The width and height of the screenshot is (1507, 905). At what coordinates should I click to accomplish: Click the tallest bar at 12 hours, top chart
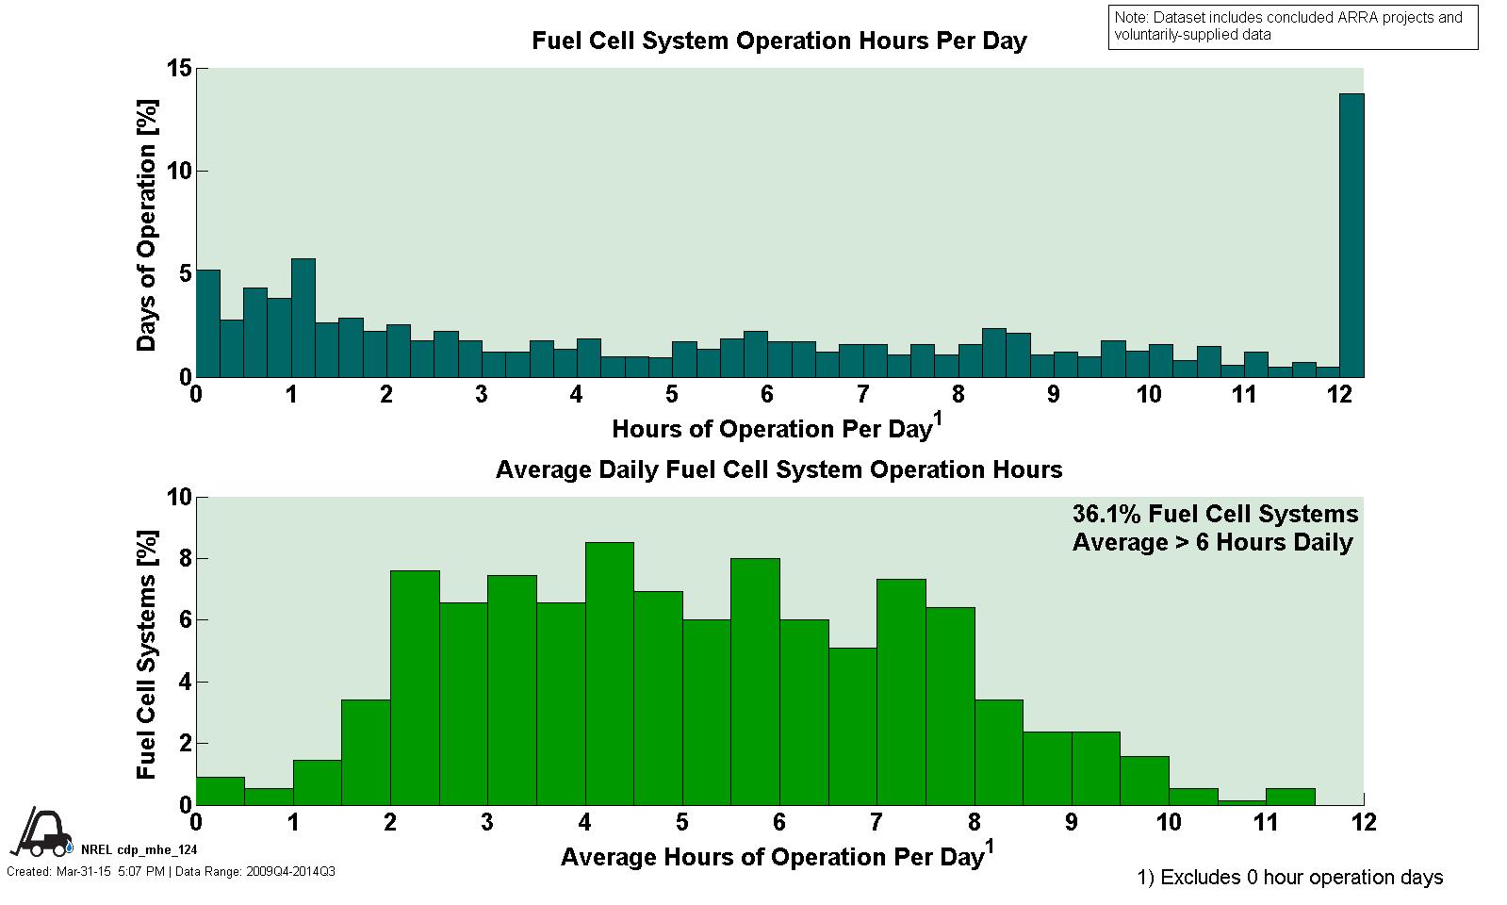[1351, 236]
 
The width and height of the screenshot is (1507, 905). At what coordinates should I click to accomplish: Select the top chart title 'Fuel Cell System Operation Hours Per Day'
[778, 41]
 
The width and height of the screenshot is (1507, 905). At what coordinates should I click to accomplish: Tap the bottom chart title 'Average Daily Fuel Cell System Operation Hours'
[778, 469]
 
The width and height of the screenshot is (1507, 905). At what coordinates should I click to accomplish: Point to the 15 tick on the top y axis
[179, 69]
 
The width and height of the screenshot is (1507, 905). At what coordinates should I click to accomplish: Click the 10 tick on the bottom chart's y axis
[179, 497]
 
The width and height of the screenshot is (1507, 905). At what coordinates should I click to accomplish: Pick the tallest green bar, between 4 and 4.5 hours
[609, 673]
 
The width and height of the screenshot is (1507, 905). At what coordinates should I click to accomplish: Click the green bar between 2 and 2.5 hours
[415, 687]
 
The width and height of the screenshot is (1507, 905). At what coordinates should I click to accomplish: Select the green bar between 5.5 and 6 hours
[755, 682]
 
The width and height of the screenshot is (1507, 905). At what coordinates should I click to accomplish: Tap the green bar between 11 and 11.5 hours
[1289, 797]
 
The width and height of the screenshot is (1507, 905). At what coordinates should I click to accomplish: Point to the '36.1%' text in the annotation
[1104, 514]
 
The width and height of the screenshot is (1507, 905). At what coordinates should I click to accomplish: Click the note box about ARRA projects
[1292, 26]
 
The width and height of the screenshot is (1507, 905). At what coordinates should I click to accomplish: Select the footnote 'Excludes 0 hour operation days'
[1290, 878]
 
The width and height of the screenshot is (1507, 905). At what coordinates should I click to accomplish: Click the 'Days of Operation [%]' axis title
[147, 223]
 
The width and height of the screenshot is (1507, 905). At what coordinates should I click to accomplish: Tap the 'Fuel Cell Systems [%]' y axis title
[147, 653]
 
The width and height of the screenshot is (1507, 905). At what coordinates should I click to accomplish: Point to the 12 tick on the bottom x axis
[1363, 823]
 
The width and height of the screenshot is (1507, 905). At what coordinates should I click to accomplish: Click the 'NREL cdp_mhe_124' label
[139, 849]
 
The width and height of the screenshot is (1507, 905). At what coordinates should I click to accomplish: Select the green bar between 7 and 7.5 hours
[901, 692]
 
